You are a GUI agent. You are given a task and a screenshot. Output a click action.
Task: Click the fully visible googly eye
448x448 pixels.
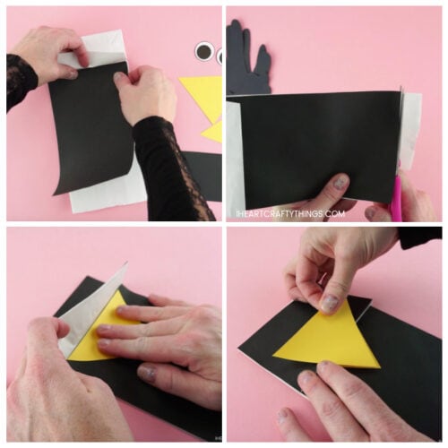[x=205, y=53]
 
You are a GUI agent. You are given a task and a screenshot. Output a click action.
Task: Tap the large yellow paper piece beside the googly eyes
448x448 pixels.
[x=204, y=93]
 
